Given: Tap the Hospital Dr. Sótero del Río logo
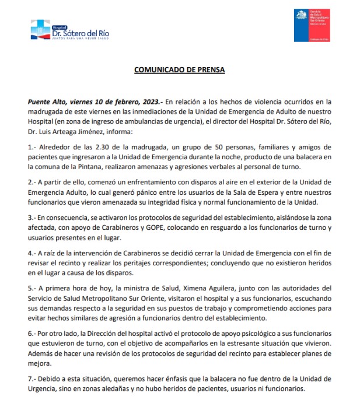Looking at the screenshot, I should pos(69,31).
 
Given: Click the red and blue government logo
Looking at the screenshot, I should pos(312,26).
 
